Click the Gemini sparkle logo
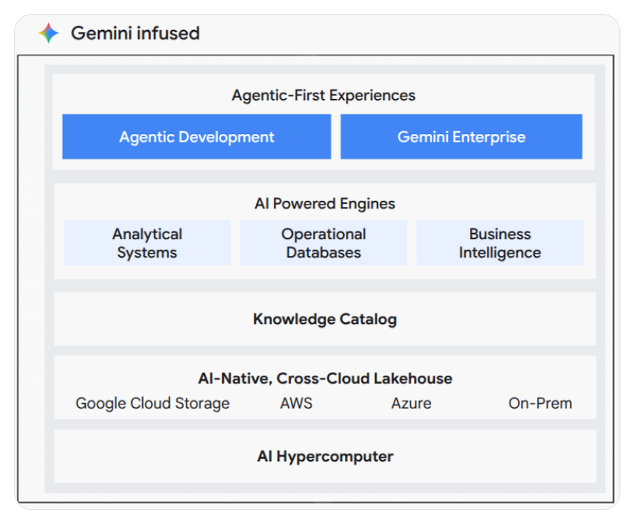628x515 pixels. (x=48, y=33)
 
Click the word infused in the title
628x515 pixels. (x=168, y=33)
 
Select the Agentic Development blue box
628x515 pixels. (x=197, y=137)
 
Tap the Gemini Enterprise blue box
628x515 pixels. (x=461, y=137)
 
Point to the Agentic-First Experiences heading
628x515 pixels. (x=324, y=95)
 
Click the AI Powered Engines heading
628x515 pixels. (x=325, y=204)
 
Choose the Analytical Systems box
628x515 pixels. (x=147, y=243)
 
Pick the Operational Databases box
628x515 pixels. (x=324, y=243)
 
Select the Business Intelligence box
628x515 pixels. (x=500, y=243)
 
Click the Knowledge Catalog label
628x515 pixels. (x=325, y=319)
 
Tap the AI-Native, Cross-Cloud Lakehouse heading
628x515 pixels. (x=325, y=378)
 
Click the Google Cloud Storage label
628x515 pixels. (x=153, y=403)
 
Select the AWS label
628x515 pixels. (x=296, y=403)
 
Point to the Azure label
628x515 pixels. (x=412, y=403)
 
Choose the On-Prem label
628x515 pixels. (x=540, y=403)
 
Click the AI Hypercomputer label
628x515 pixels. (x=325, y=456)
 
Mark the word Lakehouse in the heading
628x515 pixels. (x=413, y=378)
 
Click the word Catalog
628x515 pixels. (x=368, y=319)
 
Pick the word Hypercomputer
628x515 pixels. (x=335, y=457)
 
